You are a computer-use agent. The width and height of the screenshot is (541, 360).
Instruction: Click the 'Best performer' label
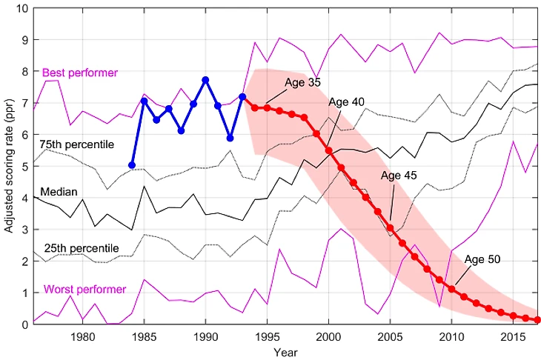[x=75, y=73]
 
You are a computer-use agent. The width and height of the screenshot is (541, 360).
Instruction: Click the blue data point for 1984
[x=132, y=165]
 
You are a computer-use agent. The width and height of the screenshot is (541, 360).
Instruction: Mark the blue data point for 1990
[x=205, y=80]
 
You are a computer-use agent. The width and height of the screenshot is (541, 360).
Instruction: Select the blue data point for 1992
[x=230, y=139]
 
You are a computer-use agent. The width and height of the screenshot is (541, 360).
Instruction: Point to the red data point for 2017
[x=538, y=320]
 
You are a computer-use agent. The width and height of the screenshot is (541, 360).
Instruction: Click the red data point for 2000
[x=328, y=150]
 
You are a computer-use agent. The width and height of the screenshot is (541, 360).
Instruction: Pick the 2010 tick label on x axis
[x=451, y=338]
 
